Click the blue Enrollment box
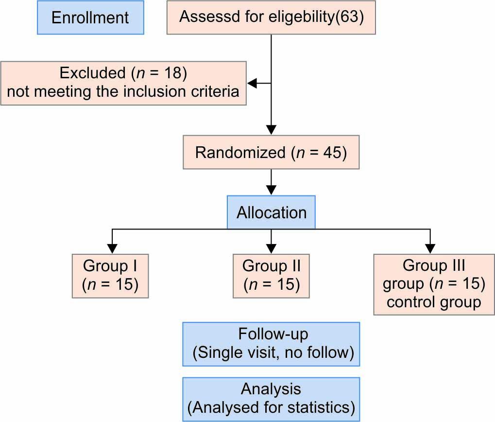coord(91,18)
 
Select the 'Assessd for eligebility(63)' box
coord(271,18)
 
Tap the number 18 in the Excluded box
coord(173,73)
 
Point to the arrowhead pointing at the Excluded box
coord(252,84)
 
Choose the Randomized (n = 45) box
coord(271,152)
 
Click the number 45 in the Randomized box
coord(332,152)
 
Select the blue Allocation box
coord(271,212)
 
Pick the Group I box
coord(110,276)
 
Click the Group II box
coord(271,276)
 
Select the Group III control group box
coord(434,284)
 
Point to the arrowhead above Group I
coord(112,249)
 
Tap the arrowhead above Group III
coord(430,249)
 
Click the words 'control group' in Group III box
coord(434,302)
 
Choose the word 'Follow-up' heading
coord(273,334)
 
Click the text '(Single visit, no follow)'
coord(273,352)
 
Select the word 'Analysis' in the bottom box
coord(271,389)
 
